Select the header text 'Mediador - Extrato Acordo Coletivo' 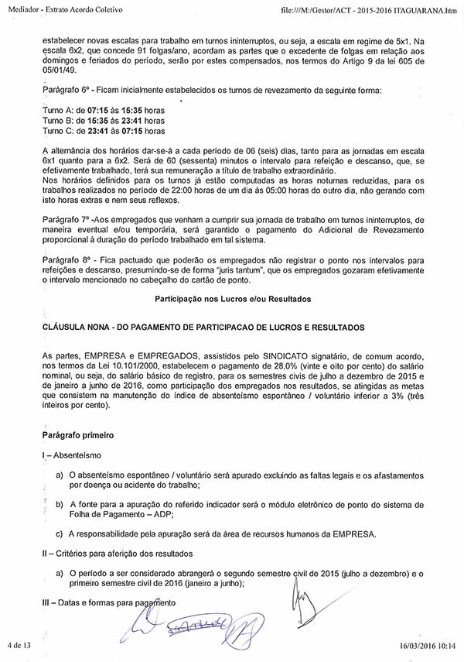pyautogui.click(x=67, y=8)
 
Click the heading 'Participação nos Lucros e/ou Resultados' pyautogui.click(x=231, y=298)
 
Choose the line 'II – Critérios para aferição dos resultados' pyautogui.click(x=118, y=554)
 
